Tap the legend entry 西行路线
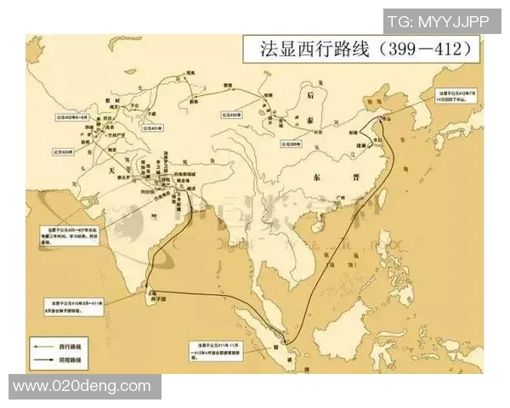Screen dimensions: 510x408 70,348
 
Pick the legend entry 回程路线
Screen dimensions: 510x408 70,362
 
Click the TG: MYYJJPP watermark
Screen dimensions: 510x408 438,22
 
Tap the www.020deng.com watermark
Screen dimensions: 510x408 82,387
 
